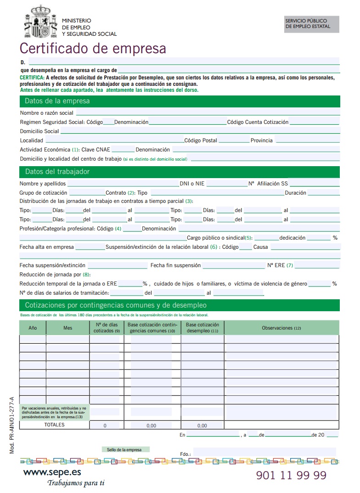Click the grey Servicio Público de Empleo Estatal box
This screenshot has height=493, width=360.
click(x=311, y=24)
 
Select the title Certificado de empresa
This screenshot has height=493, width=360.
click(x=92, y=48)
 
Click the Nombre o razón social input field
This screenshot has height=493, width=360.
click(x=208, y=112)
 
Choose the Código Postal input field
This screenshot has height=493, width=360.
click(x=233, y=140)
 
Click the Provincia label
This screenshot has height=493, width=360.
click(x=261, y=140)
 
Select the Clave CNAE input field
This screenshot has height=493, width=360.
click(x=123, y=150)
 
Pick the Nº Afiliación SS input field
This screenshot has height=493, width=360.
click(x=314, y=184)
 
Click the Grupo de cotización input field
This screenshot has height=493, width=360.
click(x=87, y=193)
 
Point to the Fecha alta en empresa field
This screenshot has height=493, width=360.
click(x=90, y=247)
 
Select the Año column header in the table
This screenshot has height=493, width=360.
click(x=33, y=328)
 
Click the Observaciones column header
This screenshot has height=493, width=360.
click(x=281, y=328)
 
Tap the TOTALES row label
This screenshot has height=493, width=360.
click(x=54, y=425)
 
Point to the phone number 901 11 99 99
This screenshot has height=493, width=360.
click(x=291, y=475)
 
